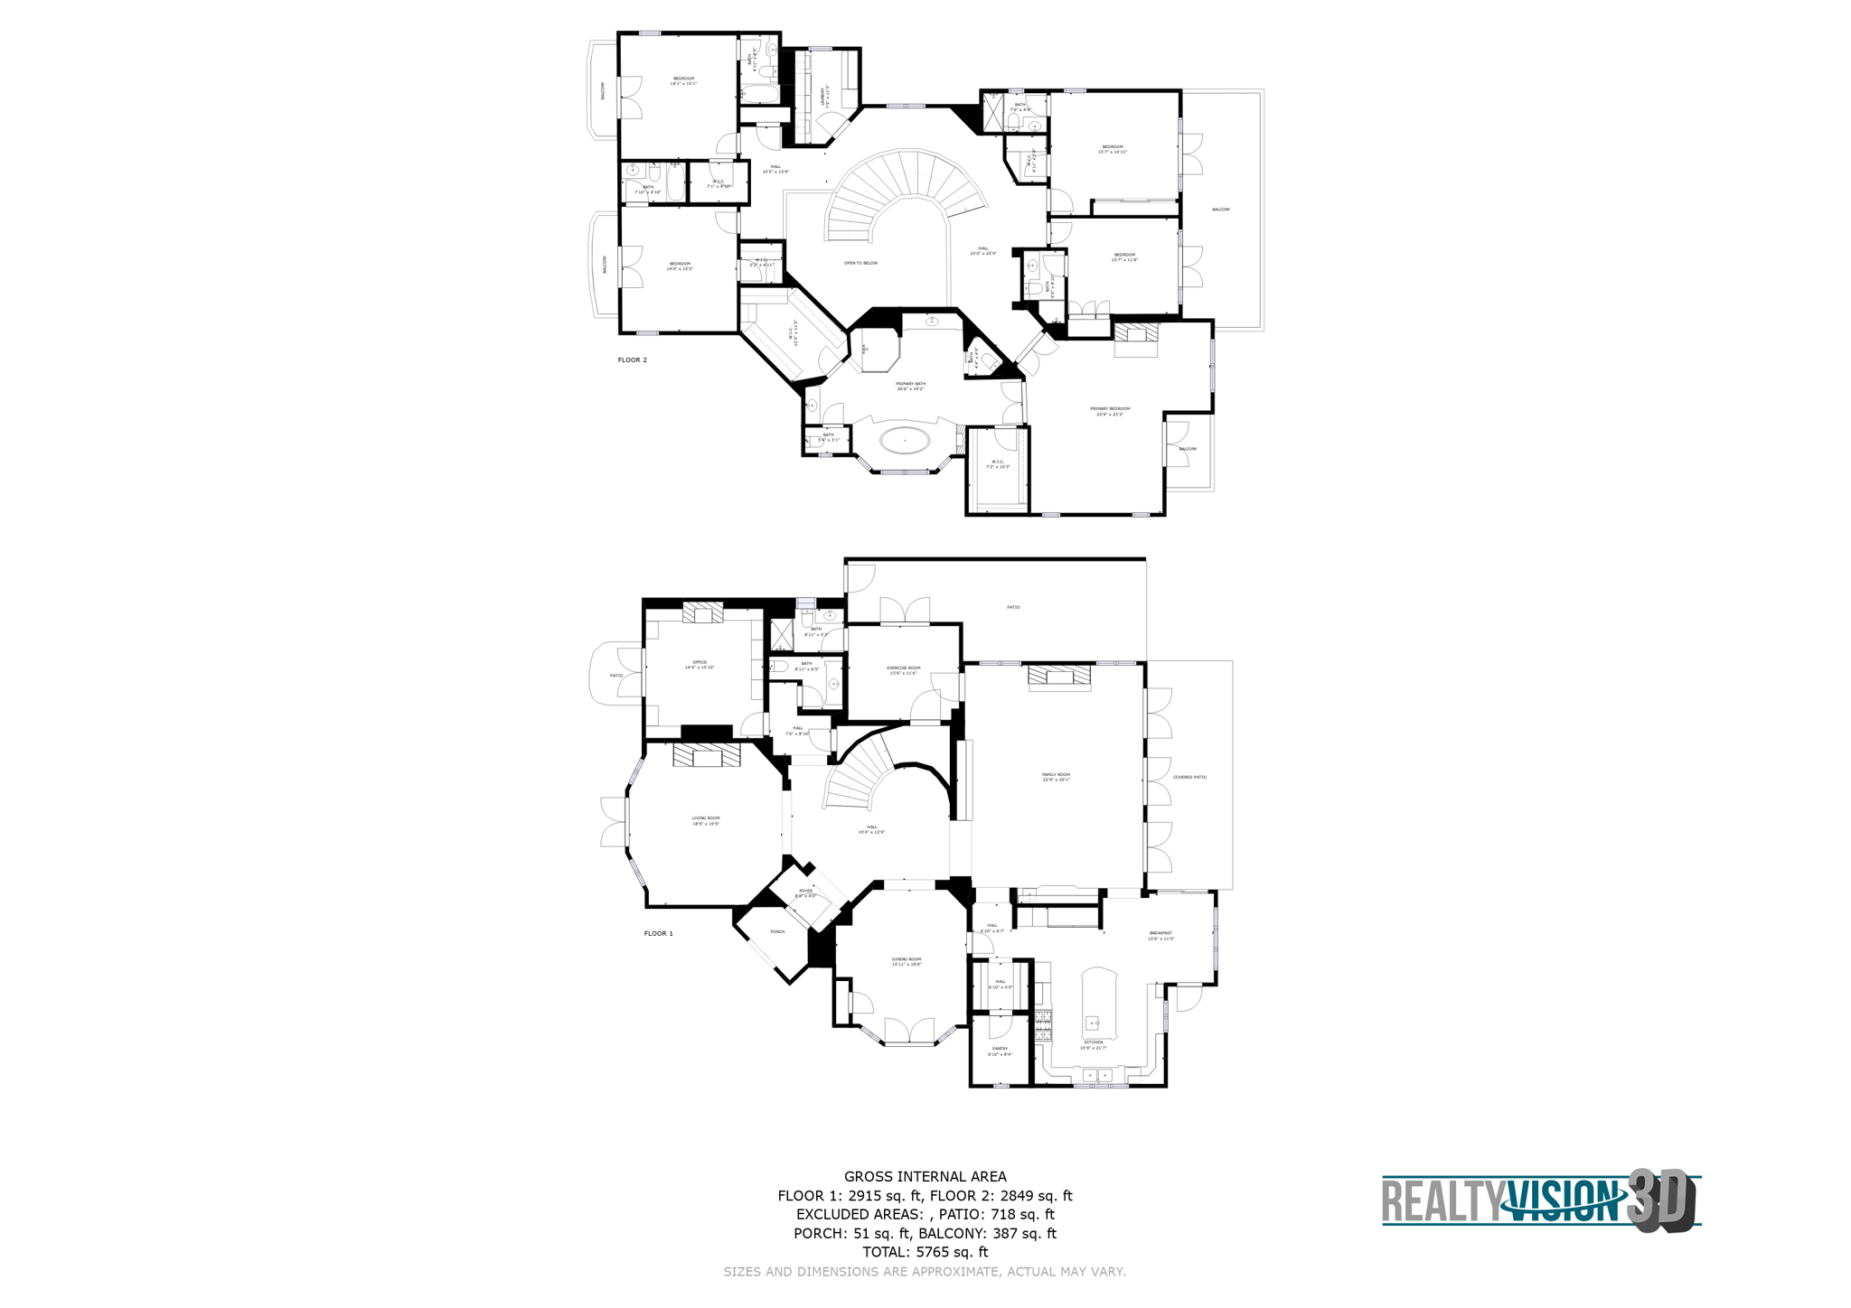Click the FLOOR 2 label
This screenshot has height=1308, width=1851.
(x=632, y=360)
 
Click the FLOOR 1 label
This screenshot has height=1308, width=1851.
(x=658, y=933)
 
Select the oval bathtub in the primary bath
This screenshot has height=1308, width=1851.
(x=905, y=441)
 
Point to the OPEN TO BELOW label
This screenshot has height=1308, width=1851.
(x=860, y=263)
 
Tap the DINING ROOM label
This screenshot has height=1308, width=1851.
(x=907, y=961)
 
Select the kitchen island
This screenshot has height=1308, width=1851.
(x=1097, y=1003)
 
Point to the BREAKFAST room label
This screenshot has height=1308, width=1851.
(x=1160, y=935)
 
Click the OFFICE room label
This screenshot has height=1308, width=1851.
(x=700, y=664)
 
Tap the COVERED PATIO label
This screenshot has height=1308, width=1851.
(x=1189, y=777)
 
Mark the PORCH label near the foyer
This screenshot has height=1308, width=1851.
(x=777, y=931)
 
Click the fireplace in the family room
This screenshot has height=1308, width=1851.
(x=1059, y=677)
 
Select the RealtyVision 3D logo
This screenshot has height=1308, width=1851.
(x=1540, y=1201)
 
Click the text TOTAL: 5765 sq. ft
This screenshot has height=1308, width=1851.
(x=925, y=1252)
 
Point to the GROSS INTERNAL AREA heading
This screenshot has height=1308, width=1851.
(x=925, y=1176)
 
